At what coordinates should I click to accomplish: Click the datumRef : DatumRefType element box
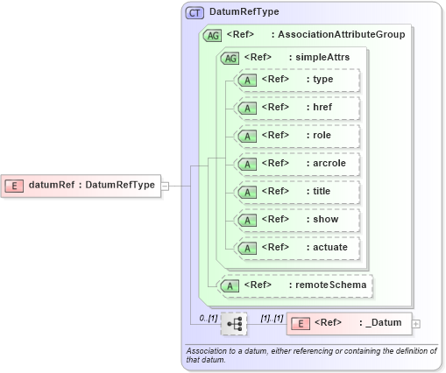83,185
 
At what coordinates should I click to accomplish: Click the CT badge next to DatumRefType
195,13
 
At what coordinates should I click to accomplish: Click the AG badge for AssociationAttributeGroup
212,35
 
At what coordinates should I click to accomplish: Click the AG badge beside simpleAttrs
230,58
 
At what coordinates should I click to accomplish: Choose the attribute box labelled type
298,80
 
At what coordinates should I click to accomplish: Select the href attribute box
298,108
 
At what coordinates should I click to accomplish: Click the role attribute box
298,136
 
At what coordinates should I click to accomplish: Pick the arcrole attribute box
298,164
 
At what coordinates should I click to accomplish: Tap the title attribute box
298,192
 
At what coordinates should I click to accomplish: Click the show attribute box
298,220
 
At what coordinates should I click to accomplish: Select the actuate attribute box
298,248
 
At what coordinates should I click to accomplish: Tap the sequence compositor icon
234,323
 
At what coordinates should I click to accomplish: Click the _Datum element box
348,323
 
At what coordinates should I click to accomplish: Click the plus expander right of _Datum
415,323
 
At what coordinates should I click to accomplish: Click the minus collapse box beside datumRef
165,186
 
